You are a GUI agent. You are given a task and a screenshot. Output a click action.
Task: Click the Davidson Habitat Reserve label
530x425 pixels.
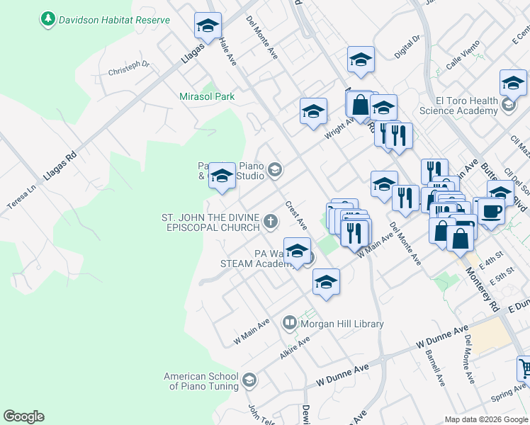(x=114, y=19)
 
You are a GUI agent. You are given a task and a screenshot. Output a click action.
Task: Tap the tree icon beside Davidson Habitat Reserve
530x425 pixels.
(x=48, y=19)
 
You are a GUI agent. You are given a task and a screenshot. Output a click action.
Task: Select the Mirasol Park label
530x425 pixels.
(x=207, y=96)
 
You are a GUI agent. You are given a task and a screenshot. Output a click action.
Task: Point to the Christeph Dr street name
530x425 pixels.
(x=129, y=68)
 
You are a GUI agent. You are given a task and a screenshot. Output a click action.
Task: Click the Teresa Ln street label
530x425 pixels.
(x=21, y=198)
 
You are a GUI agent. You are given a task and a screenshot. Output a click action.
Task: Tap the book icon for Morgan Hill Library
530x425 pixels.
(x=289, y=324)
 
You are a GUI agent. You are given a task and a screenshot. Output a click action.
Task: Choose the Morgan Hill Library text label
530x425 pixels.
(x=342, y=324)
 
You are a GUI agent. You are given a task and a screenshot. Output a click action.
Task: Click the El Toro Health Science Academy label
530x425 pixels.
(x=458, y=106)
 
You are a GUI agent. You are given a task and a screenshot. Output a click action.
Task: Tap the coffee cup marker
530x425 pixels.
(x=491, y=210)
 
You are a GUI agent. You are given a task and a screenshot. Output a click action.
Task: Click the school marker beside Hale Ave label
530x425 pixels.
(x=208, y=26)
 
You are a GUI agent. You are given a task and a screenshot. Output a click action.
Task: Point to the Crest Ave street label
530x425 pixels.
(x=296, y=215)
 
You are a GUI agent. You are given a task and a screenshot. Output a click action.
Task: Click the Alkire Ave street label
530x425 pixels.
(x=294, y=347)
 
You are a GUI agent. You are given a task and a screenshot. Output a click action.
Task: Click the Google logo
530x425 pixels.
(x=23, y=416)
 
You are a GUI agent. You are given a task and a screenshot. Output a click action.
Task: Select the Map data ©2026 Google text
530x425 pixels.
(x=485, y=419)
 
